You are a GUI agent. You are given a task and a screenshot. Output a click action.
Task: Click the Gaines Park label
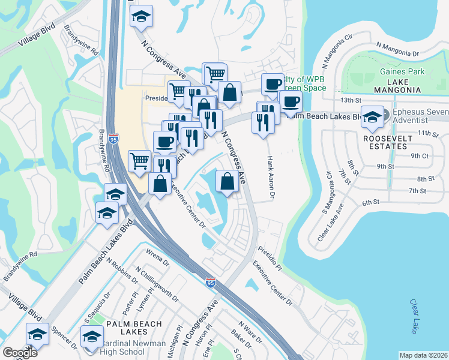click(402, 71)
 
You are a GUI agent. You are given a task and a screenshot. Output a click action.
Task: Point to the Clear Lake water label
click(414, 317)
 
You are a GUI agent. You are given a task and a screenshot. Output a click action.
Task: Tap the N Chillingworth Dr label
click(157, 284)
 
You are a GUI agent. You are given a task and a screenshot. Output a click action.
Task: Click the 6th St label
click(371, 203)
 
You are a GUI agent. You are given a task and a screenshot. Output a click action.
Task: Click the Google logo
click(20, 353)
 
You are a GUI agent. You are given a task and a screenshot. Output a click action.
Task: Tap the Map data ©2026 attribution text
click(423, 355)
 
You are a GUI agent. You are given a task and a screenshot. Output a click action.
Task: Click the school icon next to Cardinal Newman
click(92, 335)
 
